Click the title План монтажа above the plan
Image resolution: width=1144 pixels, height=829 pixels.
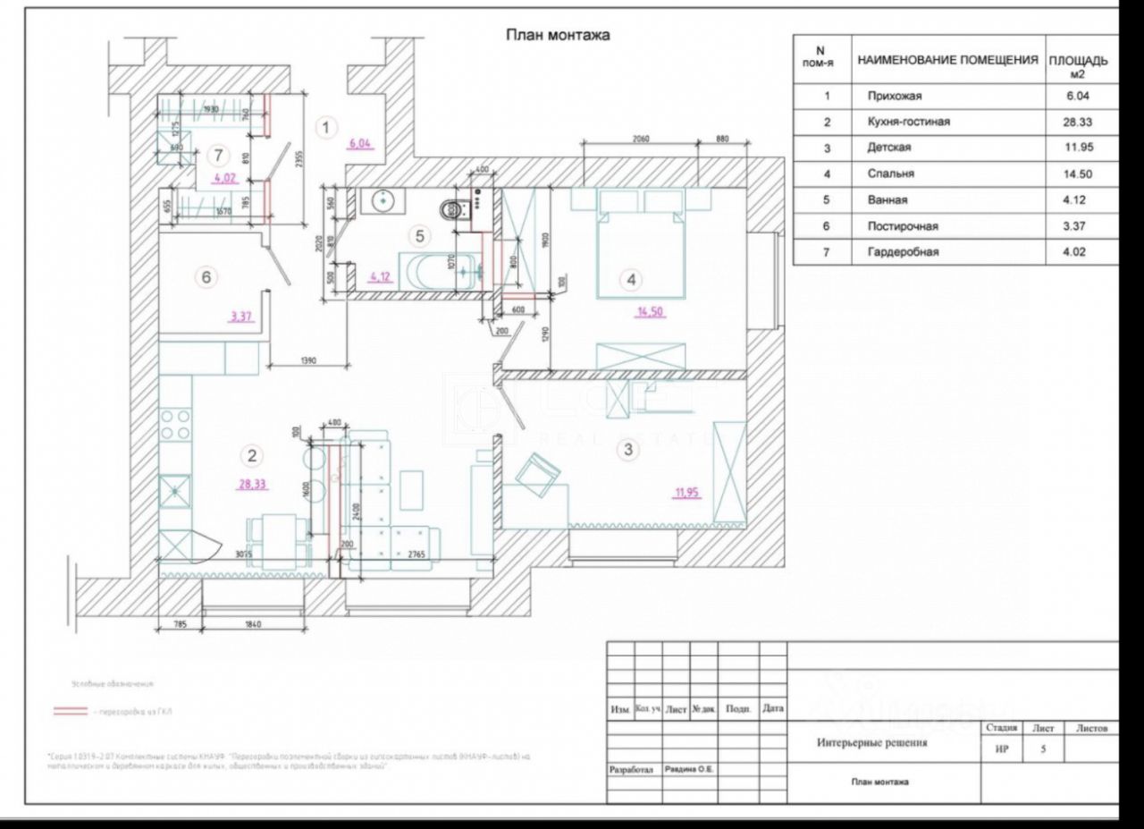[x=558, y=36]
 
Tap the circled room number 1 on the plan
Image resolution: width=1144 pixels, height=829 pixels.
[x=327, y=128]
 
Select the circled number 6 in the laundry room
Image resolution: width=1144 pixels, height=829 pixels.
[x=206, y=277]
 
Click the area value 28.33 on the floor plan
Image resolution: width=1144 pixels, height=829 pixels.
[x=252, y=485]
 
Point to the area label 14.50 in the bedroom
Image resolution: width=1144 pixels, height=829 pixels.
[x=651, y=311]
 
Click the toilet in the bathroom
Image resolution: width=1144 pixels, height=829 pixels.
[x=452, y=210]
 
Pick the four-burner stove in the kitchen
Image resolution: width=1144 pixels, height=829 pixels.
[x=175, y=424]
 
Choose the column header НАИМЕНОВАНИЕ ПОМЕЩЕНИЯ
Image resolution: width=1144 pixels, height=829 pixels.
[x=947, y=61]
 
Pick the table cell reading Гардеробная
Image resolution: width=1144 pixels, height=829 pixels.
[x=903, y=252]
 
